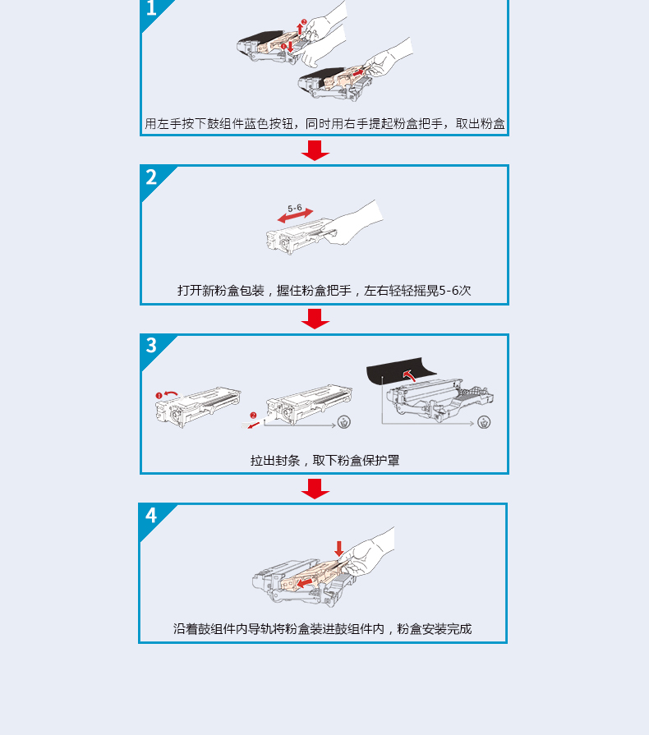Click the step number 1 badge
point(151,8)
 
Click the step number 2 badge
point(151,177)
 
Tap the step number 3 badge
point(151,346)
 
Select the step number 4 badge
point(151,515)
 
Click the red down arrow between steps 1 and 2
point(315,150)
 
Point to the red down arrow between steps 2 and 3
point(315,319)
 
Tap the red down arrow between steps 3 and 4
point(315,489)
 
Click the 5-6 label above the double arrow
point(294,208)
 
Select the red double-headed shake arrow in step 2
point(296,216)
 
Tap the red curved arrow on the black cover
point(409,375)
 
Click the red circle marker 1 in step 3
point(159,396)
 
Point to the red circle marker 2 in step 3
point(253,416)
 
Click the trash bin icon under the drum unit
point(484,422)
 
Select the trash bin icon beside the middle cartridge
point(344,422)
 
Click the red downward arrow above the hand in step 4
point(339,549)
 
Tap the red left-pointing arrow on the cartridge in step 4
point(305,582)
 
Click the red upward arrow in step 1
point(300,28)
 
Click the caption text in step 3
point(324,461)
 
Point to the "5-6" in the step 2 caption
point(449,291)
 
